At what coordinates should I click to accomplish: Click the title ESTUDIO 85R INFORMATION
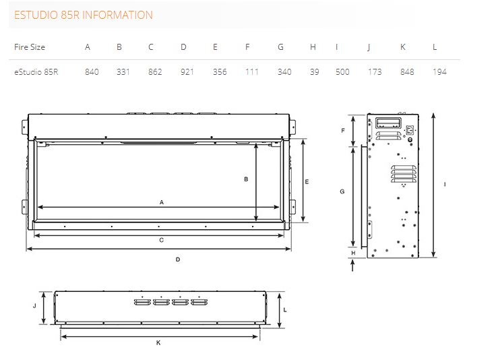pos(84,15)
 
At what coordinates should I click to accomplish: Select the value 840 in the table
pos(92,72)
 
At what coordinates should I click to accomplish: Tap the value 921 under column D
pos(187,72)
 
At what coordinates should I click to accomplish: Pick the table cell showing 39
pos(315,72)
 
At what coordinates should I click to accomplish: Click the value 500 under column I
pos(342,72)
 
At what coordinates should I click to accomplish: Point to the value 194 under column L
pos(439,72)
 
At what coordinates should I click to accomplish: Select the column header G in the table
pos(280,47)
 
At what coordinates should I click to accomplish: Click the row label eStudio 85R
pos(36,72)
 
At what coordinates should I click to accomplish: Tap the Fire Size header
pos(30,47)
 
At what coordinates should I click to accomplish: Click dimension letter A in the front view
pos(162,202)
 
